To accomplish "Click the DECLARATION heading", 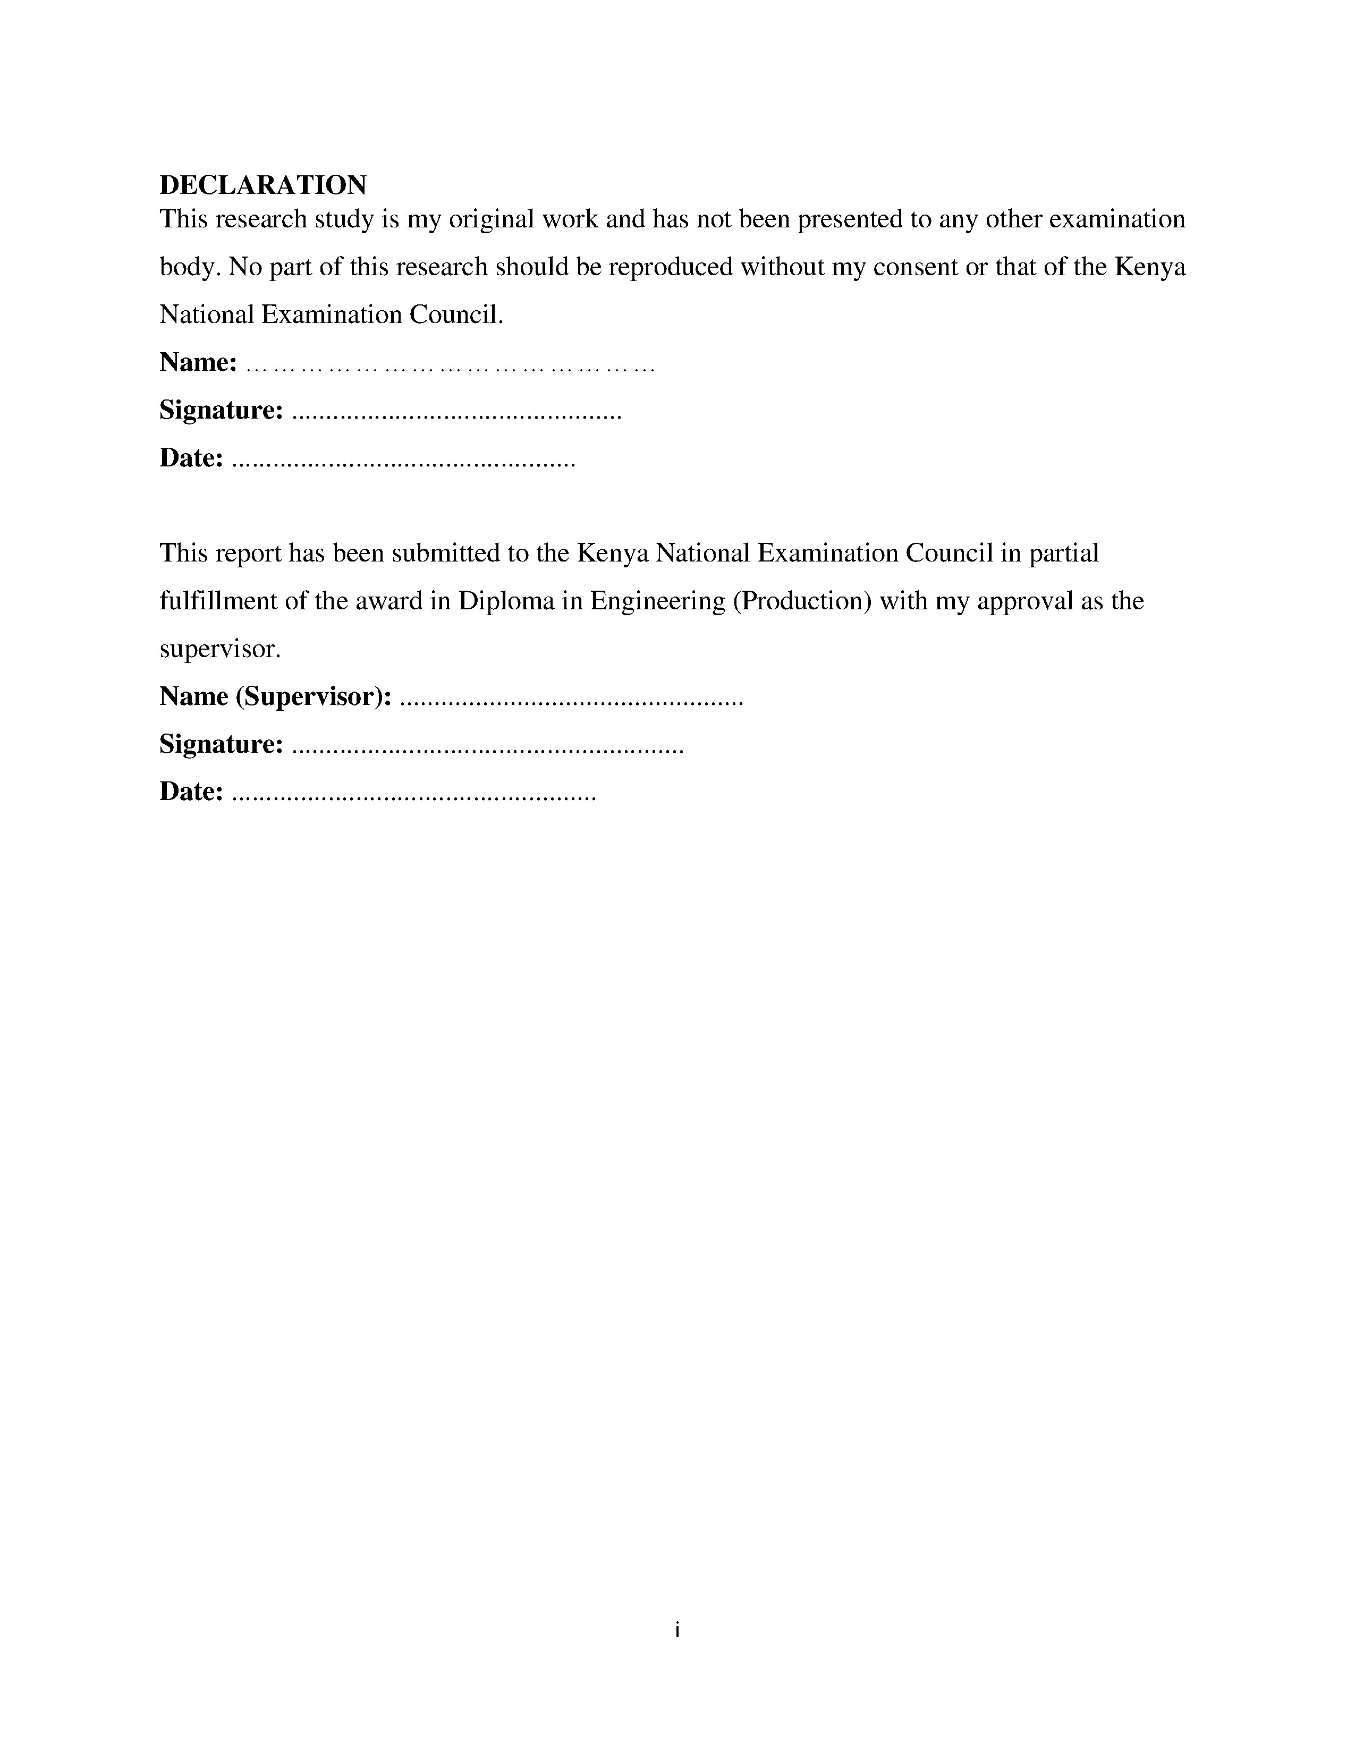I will [262, 185].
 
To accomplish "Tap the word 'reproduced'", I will [670, 267].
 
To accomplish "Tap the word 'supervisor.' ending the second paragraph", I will [220, 649].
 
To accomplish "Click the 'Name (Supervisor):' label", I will [275, 697].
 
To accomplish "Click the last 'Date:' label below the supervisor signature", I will [191, 792].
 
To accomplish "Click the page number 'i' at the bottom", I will [677, 1630].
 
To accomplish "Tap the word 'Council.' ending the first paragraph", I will [456, 314].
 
